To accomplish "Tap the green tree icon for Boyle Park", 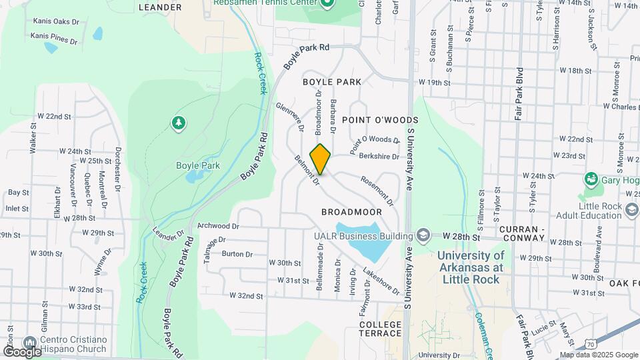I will point(178,123).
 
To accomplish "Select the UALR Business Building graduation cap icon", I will point(422,235).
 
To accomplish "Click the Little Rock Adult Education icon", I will point(632,211).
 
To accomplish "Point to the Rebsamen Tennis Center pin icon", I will point(326,3).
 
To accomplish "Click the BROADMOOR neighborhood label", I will point(351,212).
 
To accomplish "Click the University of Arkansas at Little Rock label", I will point(471,267).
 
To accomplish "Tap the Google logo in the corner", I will point(22,351).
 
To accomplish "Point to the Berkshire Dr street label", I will point(378,157).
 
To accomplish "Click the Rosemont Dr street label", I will point(377,190).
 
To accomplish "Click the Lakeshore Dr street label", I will point(381,281).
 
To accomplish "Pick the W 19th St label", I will point(435,83).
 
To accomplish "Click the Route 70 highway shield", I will point(589,343).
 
